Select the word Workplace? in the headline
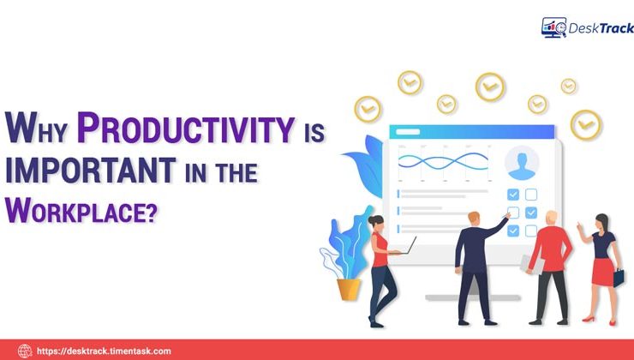click(82, 208)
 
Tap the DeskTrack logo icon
click(553, 27)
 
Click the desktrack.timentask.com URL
click(104, 351)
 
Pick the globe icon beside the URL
click(25, 351)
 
